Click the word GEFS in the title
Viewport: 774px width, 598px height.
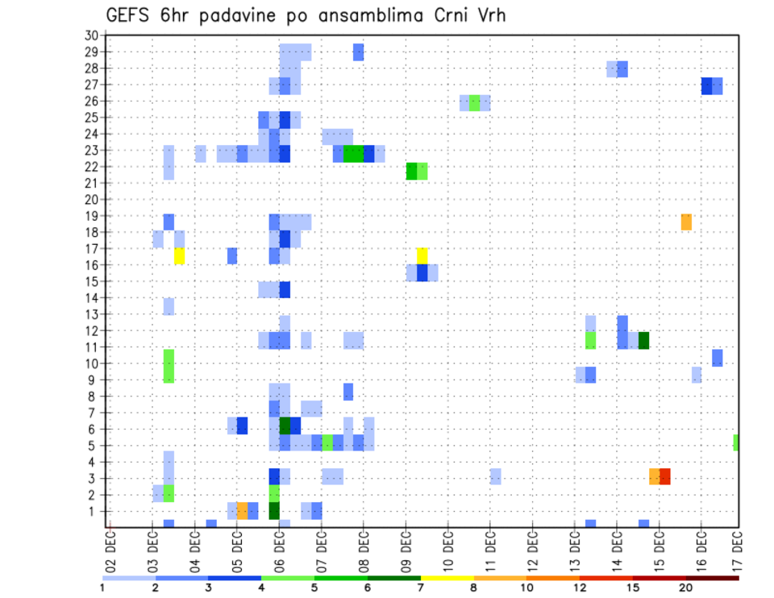[x=128, y=15]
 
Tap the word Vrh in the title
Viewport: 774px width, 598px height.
[x=489, y=15]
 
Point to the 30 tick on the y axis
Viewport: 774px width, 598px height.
[x=91, y=35]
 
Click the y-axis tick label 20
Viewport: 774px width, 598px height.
[x=91, y=199]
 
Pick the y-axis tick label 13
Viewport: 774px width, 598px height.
[x=91, y=314]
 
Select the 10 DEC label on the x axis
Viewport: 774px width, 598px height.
[x=447, y=552]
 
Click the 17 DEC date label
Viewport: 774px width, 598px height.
[x=738, y=552]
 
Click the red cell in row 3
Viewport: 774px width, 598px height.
[x=665, y=476]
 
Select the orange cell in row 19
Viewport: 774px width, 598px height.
[x=686, y=222]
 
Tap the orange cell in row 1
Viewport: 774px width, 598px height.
[x=242, y=510]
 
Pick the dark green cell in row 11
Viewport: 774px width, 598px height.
[x=643, y=340]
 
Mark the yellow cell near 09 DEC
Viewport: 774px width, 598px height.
[x=422, y=255]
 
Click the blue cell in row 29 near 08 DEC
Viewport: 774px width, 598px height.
[x=358, y=52]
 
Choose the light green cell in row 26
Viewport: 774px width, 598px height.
[x=475, y=102]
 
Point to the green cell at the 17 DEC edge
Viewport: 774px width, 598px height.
[x=736, y=442]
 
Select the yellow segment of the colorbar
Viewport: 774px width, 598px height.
[x=447, y=578]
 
